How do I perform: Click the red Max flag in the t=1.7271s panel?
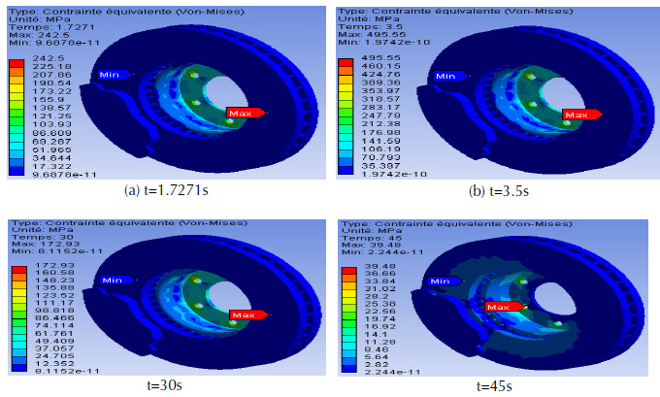tap(244, 113)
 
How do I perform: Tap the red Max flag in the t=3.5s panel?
tap(577, 114)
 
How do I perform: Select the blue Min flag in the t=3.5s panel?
tap(446, 76)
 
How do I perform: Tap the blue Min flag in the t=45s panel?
tap(442, 281)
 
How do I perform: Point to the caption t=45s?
tap(497, 385)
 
